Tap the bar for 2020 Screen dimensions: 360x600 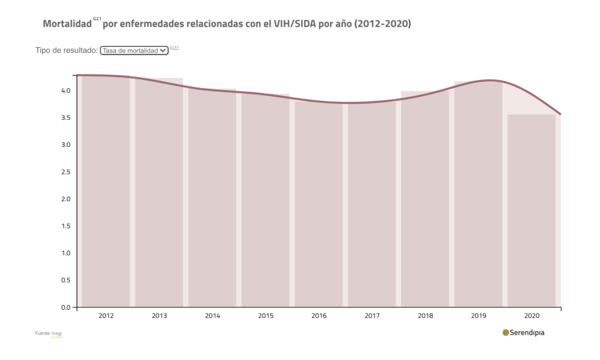coord(531,211)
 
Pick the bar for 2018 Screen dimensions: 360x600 coord(425,199)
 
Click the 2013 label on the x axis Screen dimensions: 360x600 coord(159,316)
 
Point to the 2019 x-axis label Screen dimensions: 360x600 coord(479,316)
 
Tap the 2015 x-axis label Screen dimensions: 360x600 coord(266,316)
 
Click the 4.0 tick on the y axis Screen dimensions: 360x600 coord(66,91)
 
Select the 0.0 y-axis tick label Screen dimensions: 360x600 coord(66,307)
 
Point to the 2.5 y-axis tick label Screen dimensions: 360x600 coord(66,172)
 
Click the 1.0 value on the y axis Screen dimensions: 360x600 coord(66,253)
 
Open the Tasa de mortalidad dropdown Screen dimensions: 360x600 coord(134,51)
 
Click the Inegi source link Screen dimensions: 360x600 coord(57,333)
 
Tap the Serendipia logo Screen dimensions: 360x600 coord(523,332)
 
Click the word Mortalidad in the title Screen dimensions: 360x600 coord(67,24)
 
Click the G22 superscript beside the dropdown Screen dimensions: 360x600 coord(174,48)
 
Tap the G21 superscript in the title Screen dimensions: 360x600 coord(97,19)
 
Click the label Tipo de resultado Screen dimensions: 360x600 coord(66,51)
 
